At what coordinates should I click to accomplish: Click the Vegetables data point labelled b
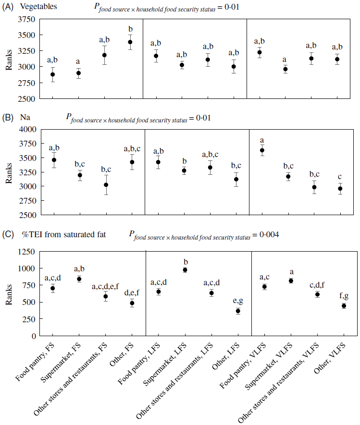coord(130,42)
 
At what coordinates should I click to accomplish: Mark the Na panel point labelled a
coord(262,150)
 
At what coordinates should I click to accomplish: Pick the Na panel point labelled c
coord(340,188)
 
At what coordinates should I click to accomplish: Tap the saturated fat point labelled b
coord(185,270)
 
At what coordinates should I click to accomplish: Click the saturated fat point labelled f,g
coord(344,306)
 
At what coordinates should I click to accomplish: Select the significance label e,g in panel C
coord(237,300)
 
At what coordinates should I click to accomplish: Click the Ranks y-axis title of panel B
coord(9,172)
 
